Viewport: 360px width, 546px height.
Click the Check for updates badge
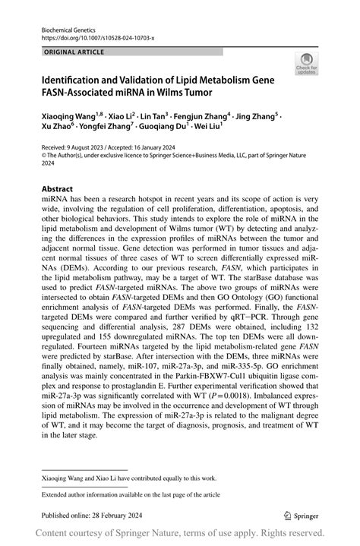(308, 65)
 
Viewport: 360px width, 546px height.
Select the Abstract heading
(58, 189)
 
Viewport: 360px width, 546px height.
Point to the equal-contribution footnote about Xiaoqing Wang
(128, 478)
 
